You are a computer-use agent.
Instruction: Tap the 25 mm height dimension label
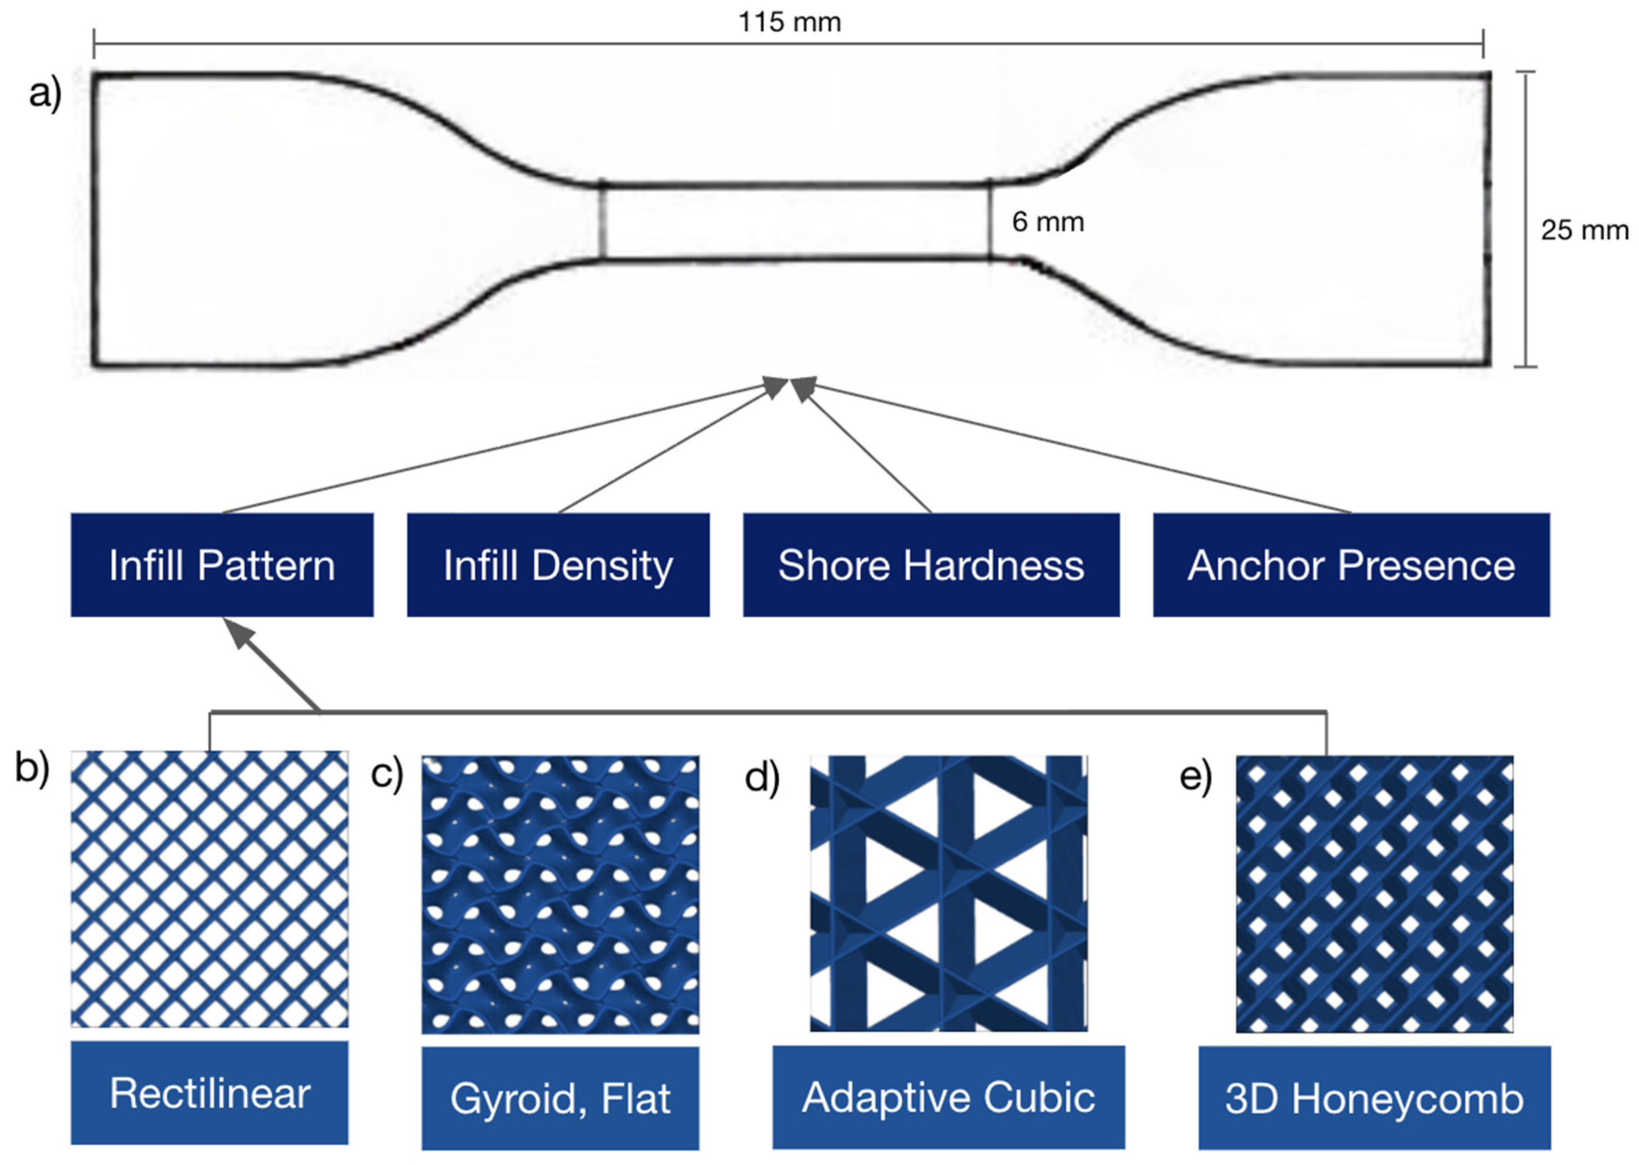tap(1584, 230)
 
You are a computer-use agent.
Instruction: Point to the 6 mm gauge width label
tap(1047, 222)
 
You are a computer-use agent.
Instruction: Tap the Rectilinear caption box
tap(209, 1093)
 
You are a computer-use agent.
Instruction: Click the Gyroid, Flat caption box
tap(560, 1098)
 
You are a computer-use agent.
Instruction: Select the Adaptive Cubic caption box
tap(948, 1097)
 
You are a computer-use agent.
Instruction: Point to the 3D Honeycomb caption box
tap(1374, 1098)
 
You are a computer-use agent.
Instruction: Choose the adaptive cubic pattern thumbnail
tap(948, 893)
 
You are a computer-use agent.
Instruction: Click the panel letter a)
tap(45, 93)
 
